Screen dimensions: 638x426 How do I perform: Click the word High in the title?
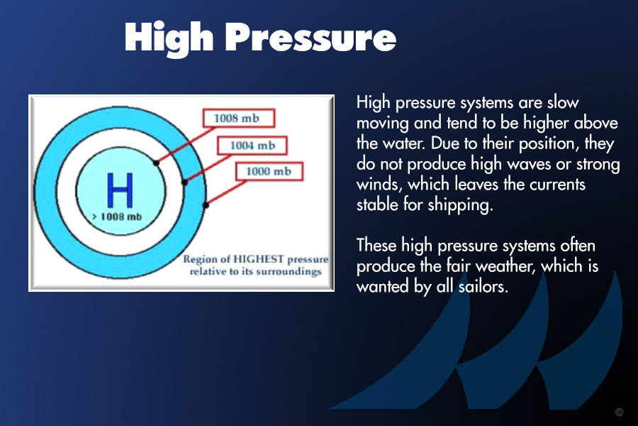tap(169, 38)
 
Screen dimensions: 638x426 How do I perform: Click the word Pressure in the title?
tap(310, 37)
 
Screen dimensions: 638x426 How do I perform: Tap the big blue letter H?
tap(120, 190)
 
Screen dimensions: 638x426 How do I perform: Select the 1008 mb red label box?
tap(239, 119)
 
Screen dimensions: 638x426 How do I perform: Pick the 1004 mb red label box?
tap(252, 146)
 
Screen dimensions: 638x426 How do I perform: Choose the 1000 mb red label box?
tap(269, 172)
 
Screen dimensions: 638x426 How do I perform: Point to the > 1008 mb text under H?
tap(117, 217)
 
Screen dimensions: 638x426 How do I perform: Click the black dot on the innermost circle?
tap(156, 163)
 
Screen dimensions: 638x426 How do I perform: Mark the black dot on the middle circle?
tap(184, 182)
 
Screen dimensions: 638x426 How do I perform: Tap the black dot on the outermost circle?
tap(206, 205)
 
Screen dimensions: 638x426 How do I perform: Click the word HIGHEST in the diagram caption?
tap(258, 259)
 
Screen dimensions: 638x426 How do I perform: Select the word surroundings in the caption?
tap(289, 272)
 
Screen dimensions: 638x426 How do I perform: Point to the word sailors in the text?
tap(483, 287)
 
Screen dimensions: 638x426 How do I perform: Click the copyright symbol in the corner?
tap(620, 412)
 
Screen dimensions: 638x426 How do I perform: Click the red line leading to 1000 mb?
tap(226, 193)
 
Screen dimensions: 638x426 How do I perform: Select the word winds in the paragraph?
tap(380, 185)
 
